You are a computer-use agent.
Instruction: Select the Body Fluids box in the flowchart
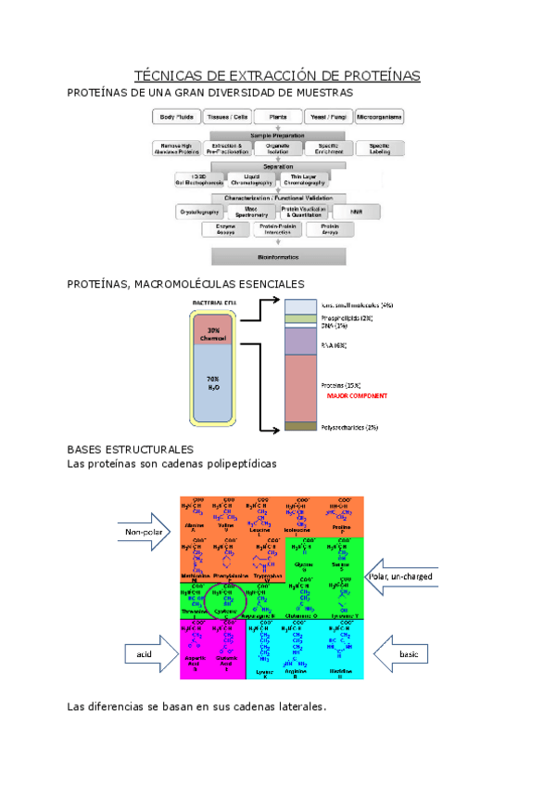click(179, 118)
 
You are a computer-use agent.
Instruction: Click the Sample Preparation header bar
click(278, 135)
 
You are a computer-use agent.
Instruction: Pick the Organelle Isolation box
click(278, 149)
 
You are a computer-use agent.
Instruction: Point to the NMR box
click(356, 213)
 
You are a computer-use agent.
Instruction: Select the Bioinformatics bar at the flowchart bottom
click(278, 255)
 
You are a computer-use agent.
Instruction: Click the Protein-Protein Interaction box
click(278, 229)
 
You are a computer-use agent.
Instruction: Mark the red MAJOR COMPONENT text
click(357, 396)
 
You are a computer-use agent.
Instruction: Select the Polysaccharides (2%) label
click(348, 428)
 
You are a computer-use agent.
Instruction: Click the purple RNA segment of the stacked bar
click(301, 342)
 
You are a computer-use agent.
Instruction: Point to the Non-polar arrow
click(144, 532)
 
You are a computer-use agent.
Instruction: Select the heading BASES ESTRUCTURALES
click(130, 449)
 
